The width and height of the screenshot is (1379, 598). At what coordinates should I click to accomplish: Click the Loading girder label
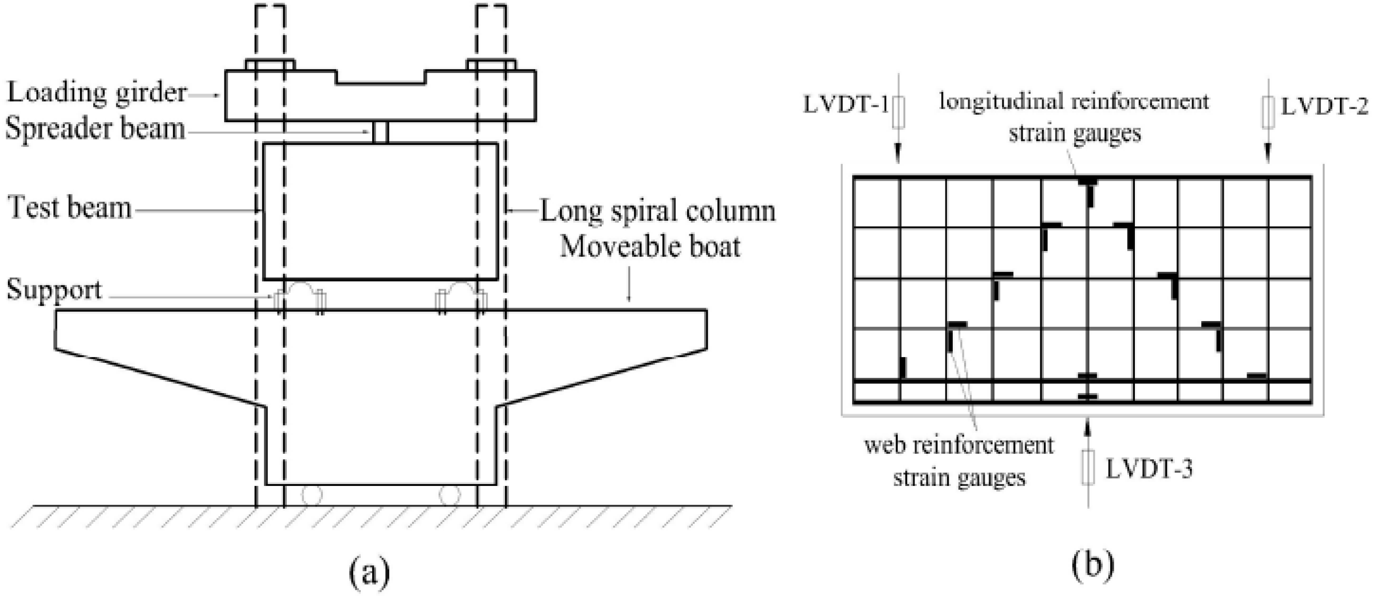click(96, 93)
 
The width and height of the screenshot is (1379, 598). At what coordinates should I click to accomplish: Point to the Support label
click(54, 290)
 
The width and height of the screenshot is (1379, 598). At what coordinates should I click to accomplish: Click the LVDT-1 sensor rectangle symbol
click(899, 113)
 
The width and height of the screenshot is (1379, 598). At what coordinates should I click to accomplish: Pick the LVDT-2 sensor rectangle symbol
click(1267, 113)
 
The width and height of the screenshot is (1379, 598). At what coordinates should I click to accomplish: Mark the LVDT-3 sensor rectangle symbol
click(1087, 467)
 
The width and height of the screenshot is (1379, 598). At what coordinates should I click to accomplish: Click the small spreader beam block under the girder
click(380, 132)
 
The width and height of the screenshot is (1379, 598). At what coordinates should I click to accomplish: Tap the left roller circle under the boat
click(311, 495)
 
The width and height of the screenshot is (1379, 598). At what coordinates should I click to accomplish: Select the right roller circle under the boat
click(449, 495)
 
